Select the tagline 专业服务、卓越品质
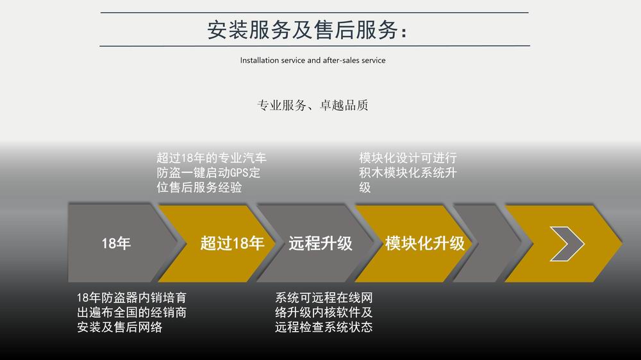[313, 106]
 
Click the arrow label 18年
[116, 243]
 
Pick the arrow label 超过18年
[232, 243]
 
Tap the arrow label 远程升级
[320, 243]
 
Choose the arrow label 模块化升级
[425, 243]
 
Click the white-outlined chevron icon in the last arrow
[567, 244]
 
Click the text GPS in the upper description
[240, 173]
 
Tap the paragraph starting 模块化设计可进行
[408, 172]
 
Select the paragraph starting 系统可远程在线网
[324, 312]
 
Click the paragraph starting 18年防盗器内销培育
[131, 312]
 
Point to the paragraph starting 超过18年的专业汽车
[212, 172]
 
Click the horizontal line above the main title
[314, 13]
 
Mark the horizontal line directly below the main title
[315, 45]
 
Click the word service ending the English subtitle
[374, 60]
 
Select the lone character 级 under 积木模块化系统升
[365, 188]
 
